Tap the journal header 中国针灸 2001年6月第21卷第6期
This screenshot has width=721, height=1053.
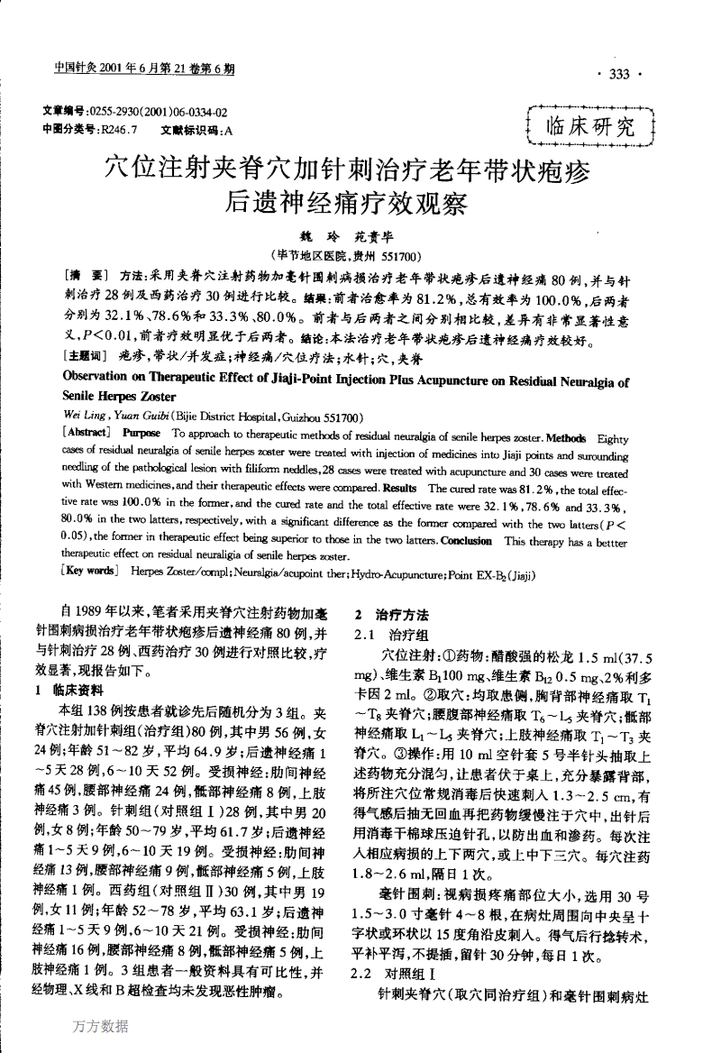point(143,69)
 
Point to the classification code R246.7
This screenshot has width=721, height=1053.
point(118,130)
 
